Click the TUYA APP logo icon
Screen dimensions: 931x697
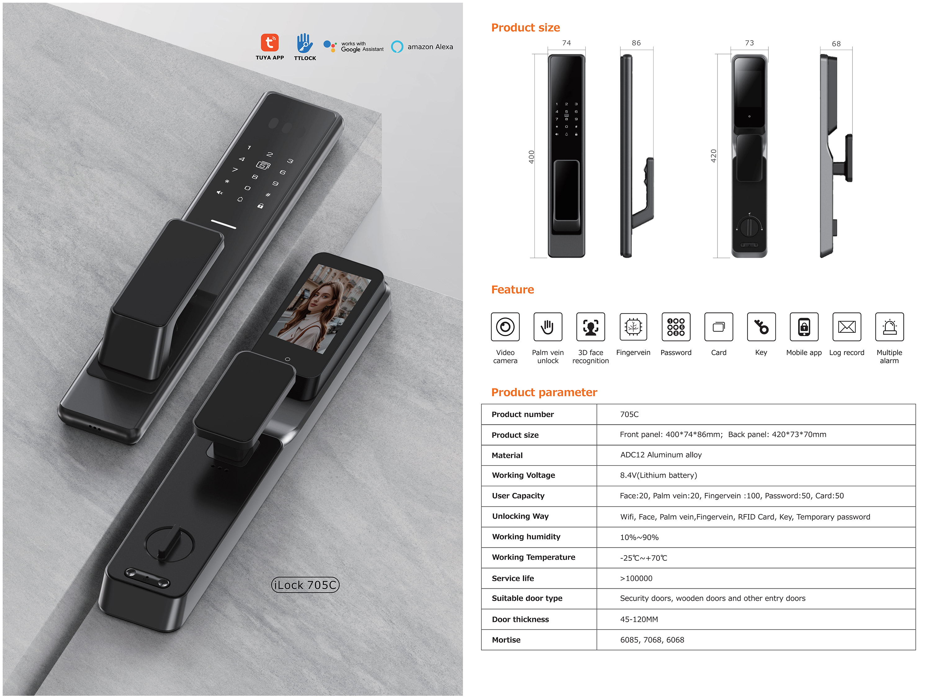point(269,43)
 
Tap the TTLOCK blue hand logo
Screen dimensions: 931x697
point(304,43)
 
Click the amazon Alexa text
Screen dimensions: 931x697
point(430,47)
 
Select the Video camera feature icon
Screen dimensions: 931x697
point(505,326)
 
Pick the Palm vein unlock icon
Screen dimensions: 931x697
point(547,326)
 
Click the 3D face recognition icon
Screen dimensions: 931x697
point(591,326)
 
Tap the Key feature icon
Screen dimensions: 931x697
point(761,326)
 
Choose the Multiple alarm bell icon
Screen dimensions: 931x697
point(889,326)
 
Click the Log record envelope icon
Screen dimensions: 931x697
point(846,326)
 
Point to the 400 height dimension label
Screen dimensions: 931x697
point(531,157)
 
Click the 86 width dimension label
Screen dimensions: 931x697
point(636,43)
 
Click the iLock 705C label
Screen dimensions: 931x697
point(305,585)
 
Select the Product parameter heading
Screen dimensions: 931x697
point(544,392)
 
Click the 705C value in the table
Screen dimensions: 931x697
point(629,414)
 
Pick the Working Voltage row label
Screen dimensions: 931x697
point(523,475)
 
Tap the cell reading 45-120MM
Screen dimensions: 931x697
point(639,619)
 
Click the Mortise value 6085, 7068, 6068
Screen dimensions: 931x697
point(652,640)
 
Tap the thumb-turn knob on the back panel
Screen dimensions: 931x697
point(170,544)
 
